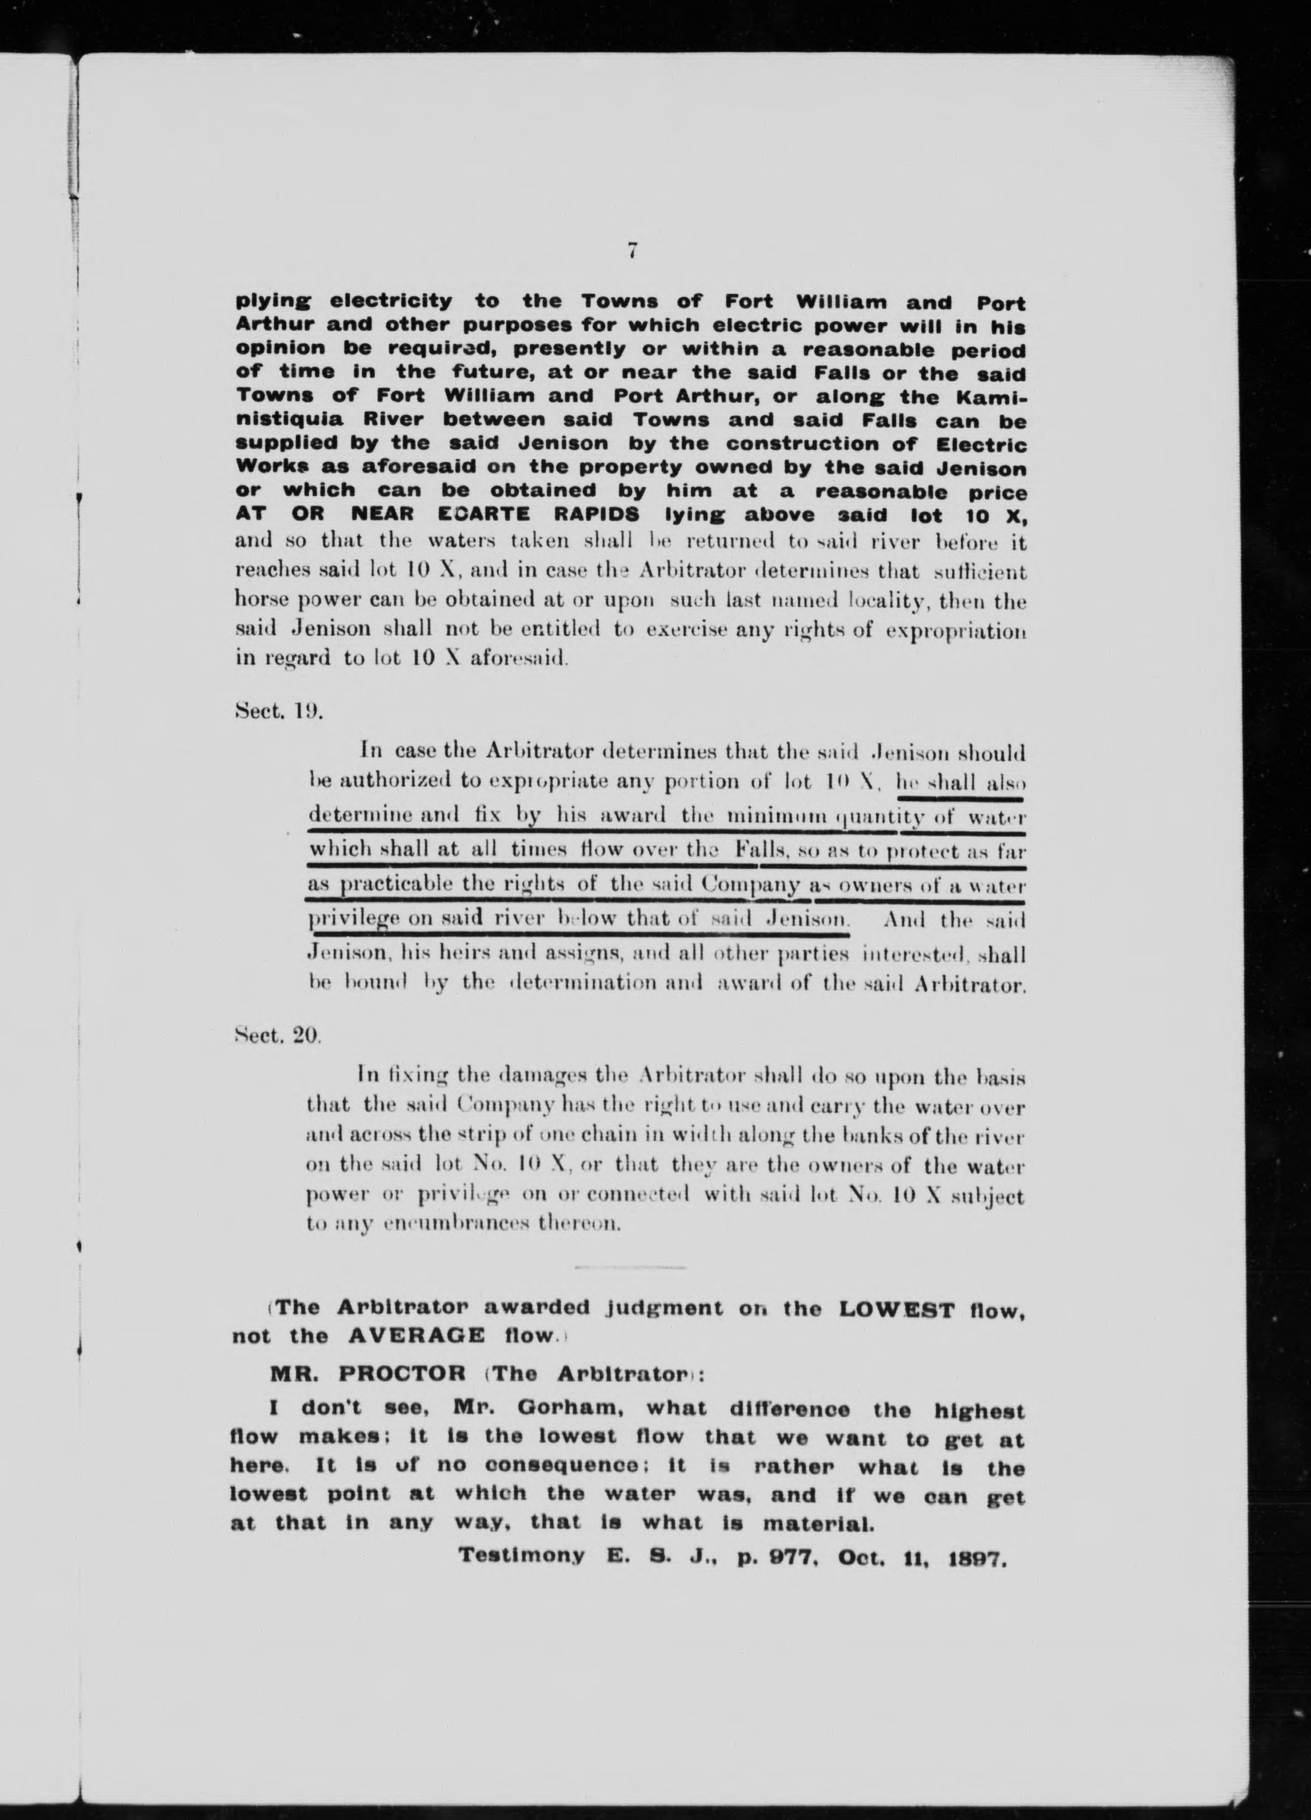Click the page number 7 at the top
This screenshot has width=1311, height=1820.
[x=633, y=251]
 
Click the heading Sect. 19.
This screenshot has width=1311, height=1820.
[x=278, y=711]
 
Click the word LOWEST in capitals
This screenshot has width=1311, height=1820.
[x=896, y=1309]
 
